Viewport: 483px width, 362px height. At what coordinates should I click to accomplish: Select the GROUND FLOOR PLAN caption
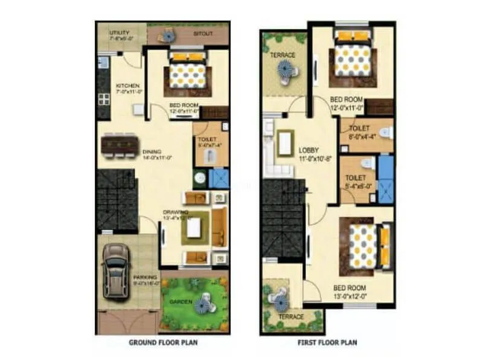[164, 343]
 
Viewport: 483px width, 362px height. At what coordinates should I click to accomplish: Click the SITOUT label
[202, 34]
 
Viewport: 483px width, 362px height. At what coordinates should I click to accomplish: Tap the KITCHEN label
[128, 86]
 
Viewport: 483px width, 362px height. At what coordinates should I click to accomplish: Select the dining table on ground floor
[120, 144]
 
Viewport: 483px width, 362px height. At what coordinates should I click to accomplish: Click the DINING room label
[152, 151]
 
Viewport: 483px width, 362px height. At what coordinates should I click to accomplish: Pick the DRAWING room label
[175, 212]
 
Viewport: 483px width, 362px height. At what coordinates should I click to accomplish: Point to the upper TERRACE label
[283, 55]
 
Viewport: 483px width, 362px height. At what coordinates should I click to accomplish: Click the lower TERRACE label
[290, 317]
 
